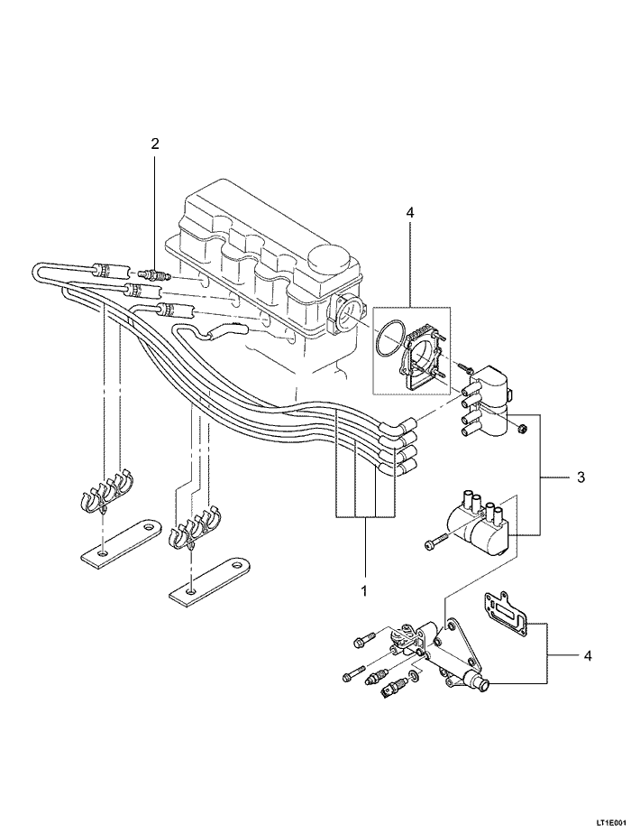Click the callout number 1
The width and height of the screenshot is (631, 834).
(x=365, y=592)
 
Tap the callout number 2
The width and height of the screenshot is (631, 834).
(x=155, y=144)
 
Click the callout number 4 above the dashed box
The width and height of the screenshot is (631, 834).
(x=409, y=213)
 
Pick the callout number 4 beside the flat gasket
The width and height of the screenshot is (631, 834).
(x=588, y=655)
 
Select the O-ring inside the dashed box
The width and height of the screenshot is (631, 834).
(x=390, y=336)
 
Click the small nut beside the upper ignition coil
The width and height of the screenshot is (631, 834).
(x=522, y=426)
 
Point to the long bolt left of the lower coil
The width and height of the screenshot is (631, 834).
(x=437, y=542)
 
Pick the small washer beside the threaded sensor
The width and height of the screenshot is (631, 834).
(x=412, y=676)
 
